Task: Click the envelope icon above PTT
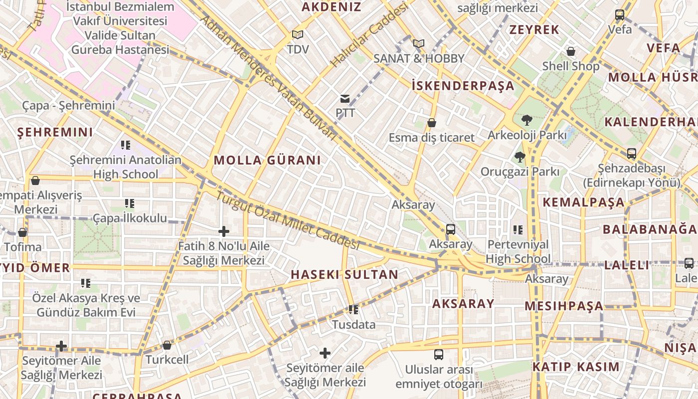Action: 345,98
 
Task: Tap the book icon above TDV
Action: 298,34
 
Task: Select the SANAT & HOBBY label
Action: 419,58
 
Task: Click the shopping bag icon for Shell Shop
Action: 571,51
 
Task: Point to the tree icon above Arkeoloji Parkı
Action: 526,120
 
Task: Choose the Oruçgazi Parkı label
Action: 520,172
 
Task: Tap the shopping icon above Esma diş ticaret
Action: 432,123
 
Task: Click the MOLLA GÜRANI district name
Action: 267,160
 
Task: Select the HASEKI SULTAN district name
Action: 345,274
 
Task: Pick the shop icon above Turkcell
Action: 167,345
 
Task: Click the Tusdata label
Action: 354,325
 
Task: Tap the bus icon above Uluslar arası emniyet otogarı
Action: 439,355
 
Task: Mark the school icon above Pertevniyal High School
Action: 518,230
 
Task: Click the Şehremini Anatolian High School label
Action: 126,167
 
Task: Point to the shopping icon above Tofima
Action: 22,232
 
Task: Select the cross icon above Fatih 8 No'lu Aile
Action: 224,231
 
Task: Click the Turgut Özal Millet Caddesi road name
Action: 287,220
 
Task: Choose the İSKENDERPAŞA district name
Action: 463,86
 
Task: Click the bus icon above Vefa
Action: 620,15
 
